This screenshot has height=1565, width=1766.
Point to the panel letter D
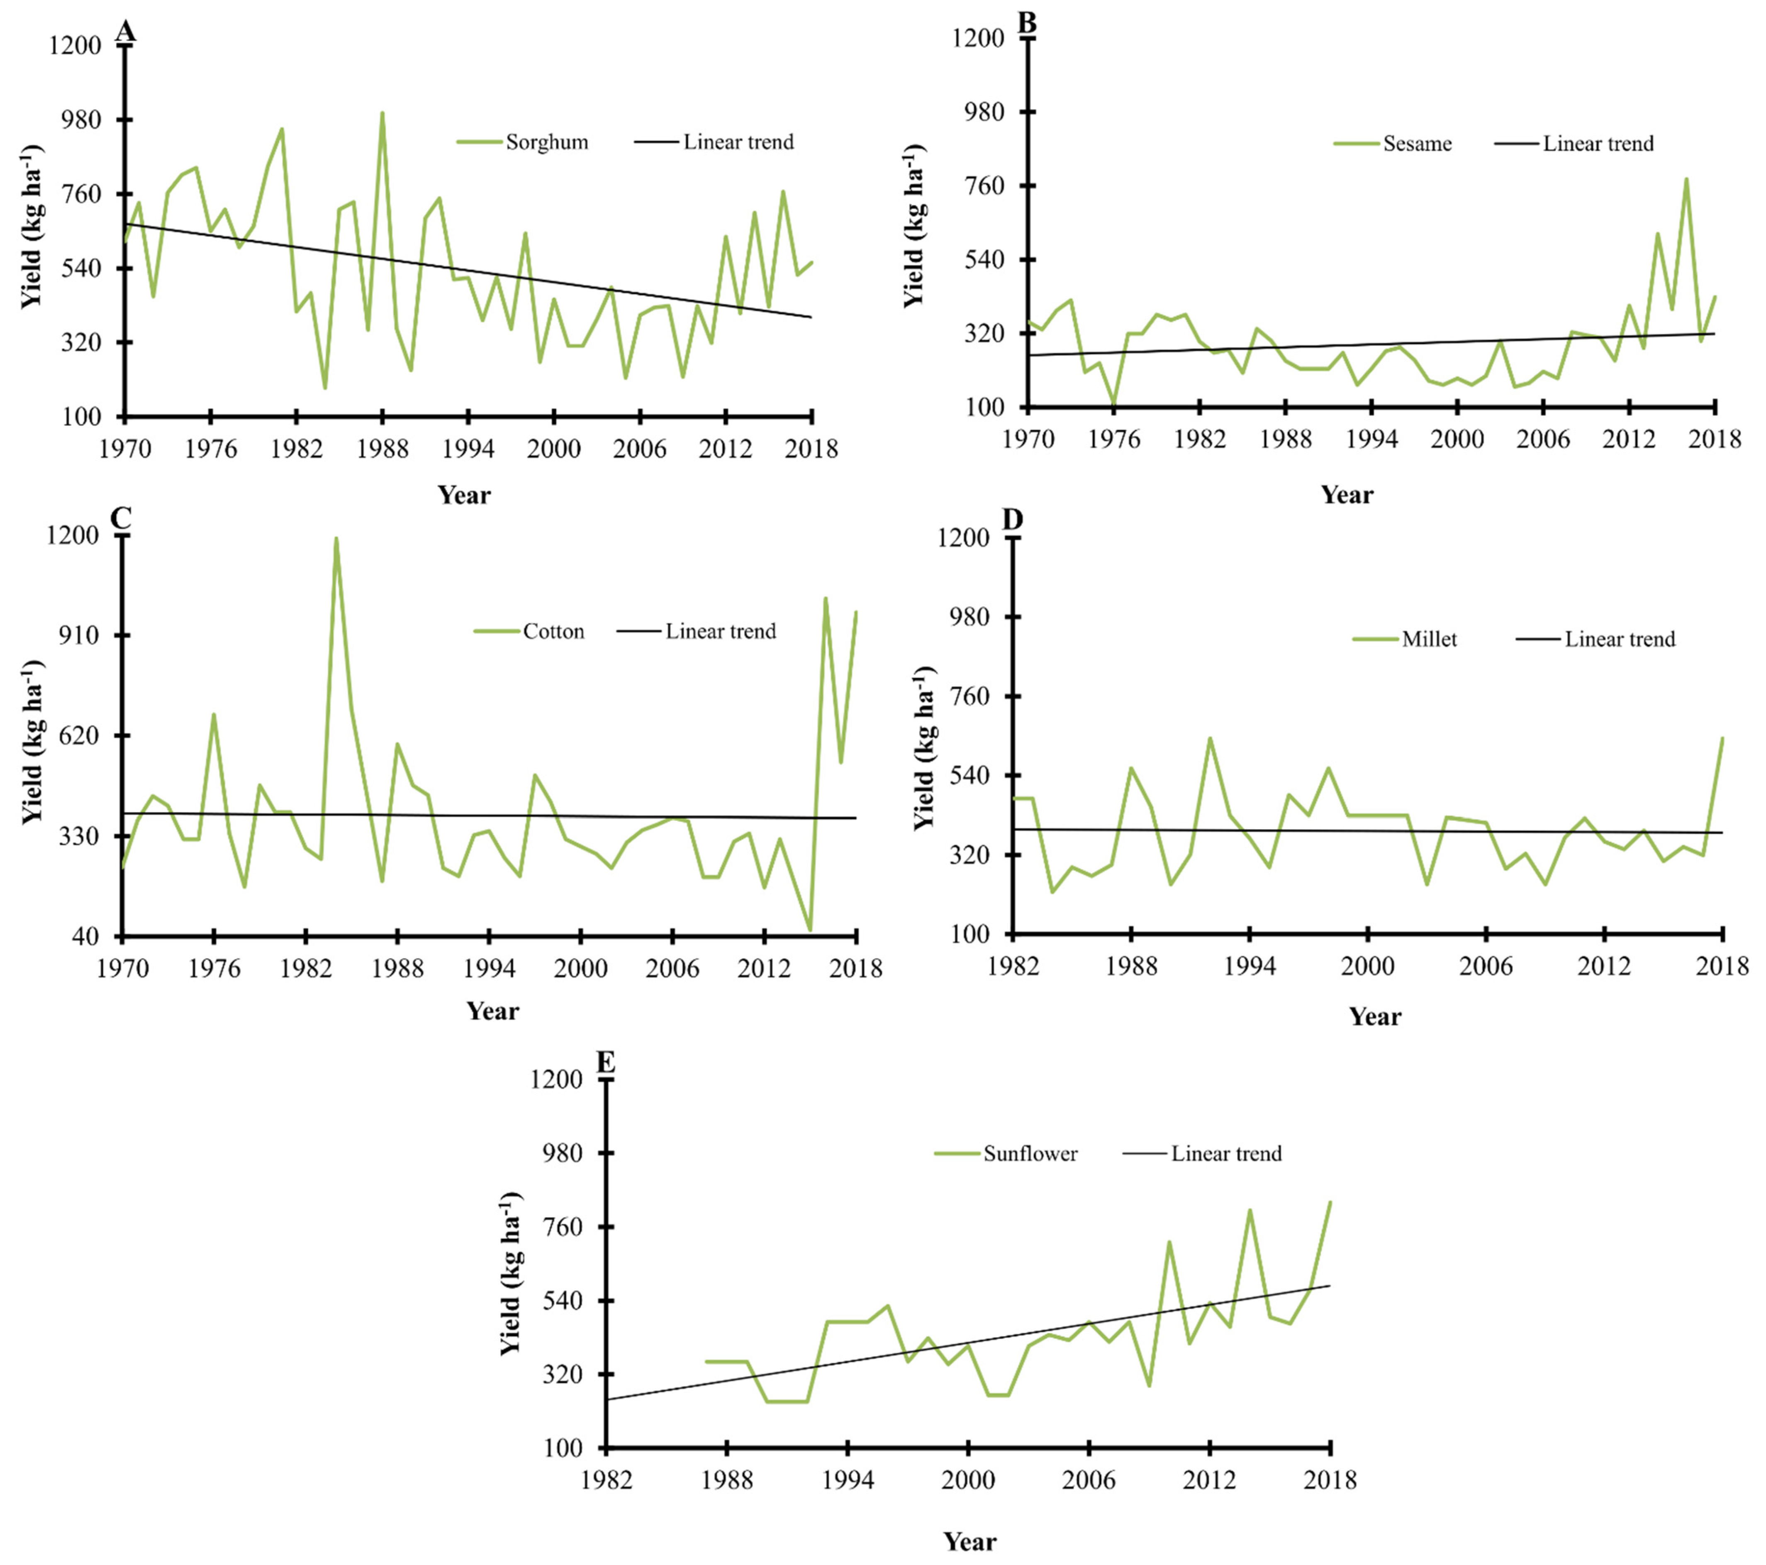click(x=1012, y=519)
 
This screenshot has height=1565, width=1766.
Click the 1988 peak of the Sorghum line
click(x=382, y=113)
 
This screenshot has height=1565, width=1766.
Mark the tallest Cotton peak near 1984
click(x=336, y=538)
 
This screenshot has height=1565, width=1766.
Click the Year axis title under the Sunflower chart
click(x=969, y=1542)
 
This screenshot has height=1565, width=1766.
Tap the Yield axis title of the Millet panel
click(x=924, y=747)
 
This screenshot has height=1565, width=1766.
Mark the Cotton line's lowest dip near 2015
click(x=809, y=930)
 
